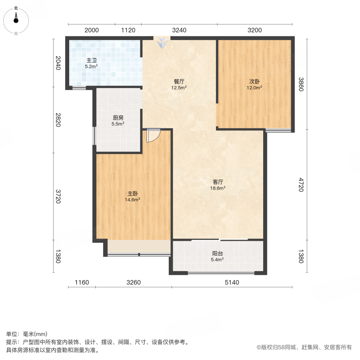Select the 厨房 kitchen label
[x=118, y=118]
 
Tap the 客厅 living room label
[x=218, y=181]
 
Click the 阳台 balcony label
[x=217, y=253]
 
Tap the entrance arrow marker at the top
[x=162, y=43]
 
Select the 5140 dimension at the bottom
[x=232, y=283]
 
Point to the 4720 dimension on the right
[x=301, y=184]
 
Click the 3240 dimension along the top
[x=179, y=30]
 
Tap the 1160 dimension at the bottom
[x=81, y=283]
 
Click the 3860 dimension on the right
[x=301, y=84]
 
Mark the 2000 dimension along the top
[x=91, y=30]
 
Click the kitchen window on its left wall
[x=94, y=136]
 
